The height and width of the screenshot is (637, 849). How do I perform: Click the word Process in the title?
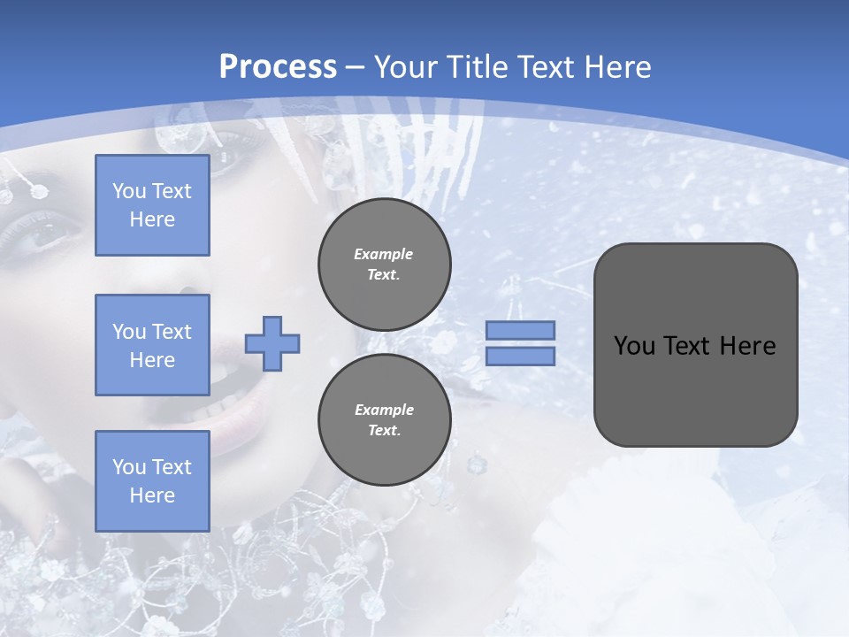coord(278,67)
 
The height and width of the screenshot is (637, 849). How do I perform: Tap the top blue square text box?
coord(152,205)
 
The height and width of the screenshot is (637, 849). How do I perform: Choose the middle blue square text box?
coord(152,345)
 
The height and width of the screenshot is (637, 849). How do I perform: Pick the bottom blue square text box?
coord(152,481)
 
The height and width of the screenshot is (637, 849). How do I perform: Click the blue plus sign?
coord(272,343)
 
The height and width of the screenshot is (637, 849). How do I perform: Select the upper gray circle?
coord(385,265)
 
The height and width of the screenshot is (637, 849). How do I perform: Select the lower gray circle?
coord(385,420)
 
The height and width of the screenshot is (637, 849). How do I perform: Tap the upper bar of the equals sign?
coord(520,331)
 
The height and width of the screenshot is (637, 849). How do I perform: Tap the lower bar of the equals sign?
coord(520,356)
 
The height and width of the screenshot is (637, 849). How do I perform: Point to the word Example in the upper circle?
coord(384,254)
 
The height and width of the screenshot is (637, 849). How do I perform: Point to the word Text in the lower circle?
coord(383,431)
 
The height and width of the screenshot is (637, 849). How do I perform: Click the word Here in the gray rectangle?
coord(747,346)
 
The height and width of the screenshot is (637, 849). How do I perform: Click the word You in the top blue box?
coord(128,191)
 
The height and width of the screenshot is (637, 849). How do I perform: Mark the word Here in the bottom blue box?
coord(152,495)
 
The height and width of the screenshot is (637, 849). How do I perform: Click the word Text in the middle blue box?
coord(172,332)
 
